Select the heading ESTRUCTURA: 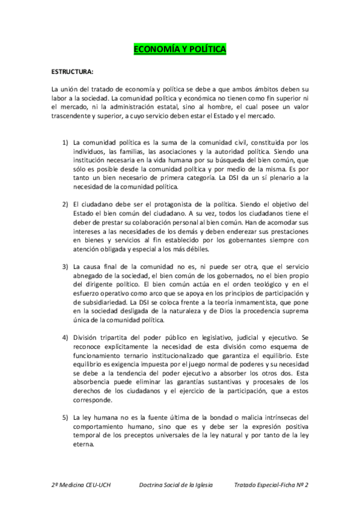(x=73, y=72)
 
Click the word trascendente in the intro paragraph (x=71, y=116)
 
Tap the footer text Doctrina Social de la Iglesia (x=175, y=485)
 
